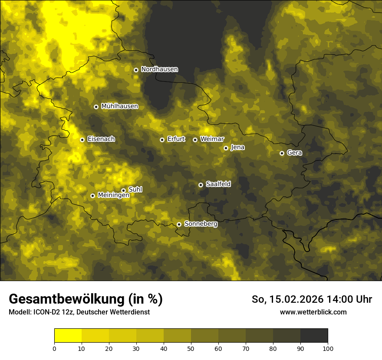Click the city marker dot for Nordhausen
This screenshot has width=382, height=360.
pyautogui.click(x=136, y=70)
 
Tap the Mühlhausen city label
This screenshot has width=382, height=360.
pyautogui.click(x=119, y=106)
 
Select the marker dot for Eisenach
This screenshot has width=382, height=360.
pyautogui.click(x=82, y=140)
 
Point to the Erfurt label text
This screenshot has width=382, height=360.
pyautogui.click(x=176, y=139)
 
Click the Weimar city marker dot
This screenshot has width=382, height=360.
pyautogui.click(x=195, y=140)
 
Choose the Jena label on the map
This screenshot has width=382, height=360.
pyautogui.click(x=237, y=147)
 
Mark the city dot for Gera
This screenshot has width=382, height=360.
pyautogui.click(x=282, y=153)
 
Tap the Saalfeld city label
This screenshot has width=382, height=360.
pyautogui.click(x=218, y=184)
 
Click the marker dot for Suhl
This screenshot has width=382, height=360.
pyautogui.click(x=123, y=190)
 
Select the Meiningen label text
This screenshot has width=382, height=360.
pyautogui.click(x=113, y=196)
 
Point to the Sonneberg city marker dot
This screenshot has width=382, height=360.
pyautogui.click(x=179, y=224)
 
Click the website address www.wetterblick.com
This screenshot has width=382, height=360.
pyautogui.click(x=313, y=312)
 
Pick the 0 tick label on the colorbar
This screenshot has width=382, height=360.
pyautogui.click(x=54, y=348)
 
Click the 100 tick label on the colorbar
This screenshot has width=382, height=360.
pyautogui.click(x=328, y=348)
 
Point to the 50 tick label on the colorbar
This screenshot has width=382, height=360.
pyautogui.click(x=191, y=348)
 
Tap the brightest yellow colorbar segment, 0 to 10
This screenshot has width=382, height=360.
pyautogui.click(x=68, y=336)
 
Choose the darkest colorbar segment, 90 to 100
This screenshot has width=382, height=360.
pyautogui.click(x=314, y=336)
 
